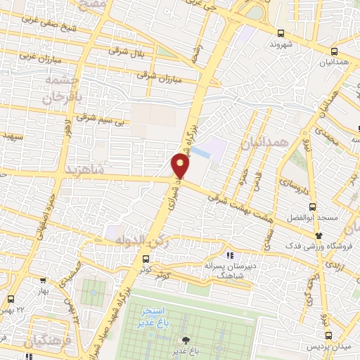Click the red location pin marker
(181, 166)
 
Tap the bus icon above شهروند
(281, 33)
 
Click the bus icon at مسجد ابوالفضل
(313, 207)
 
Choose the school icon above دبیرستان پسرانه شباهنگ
(229, 255)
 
